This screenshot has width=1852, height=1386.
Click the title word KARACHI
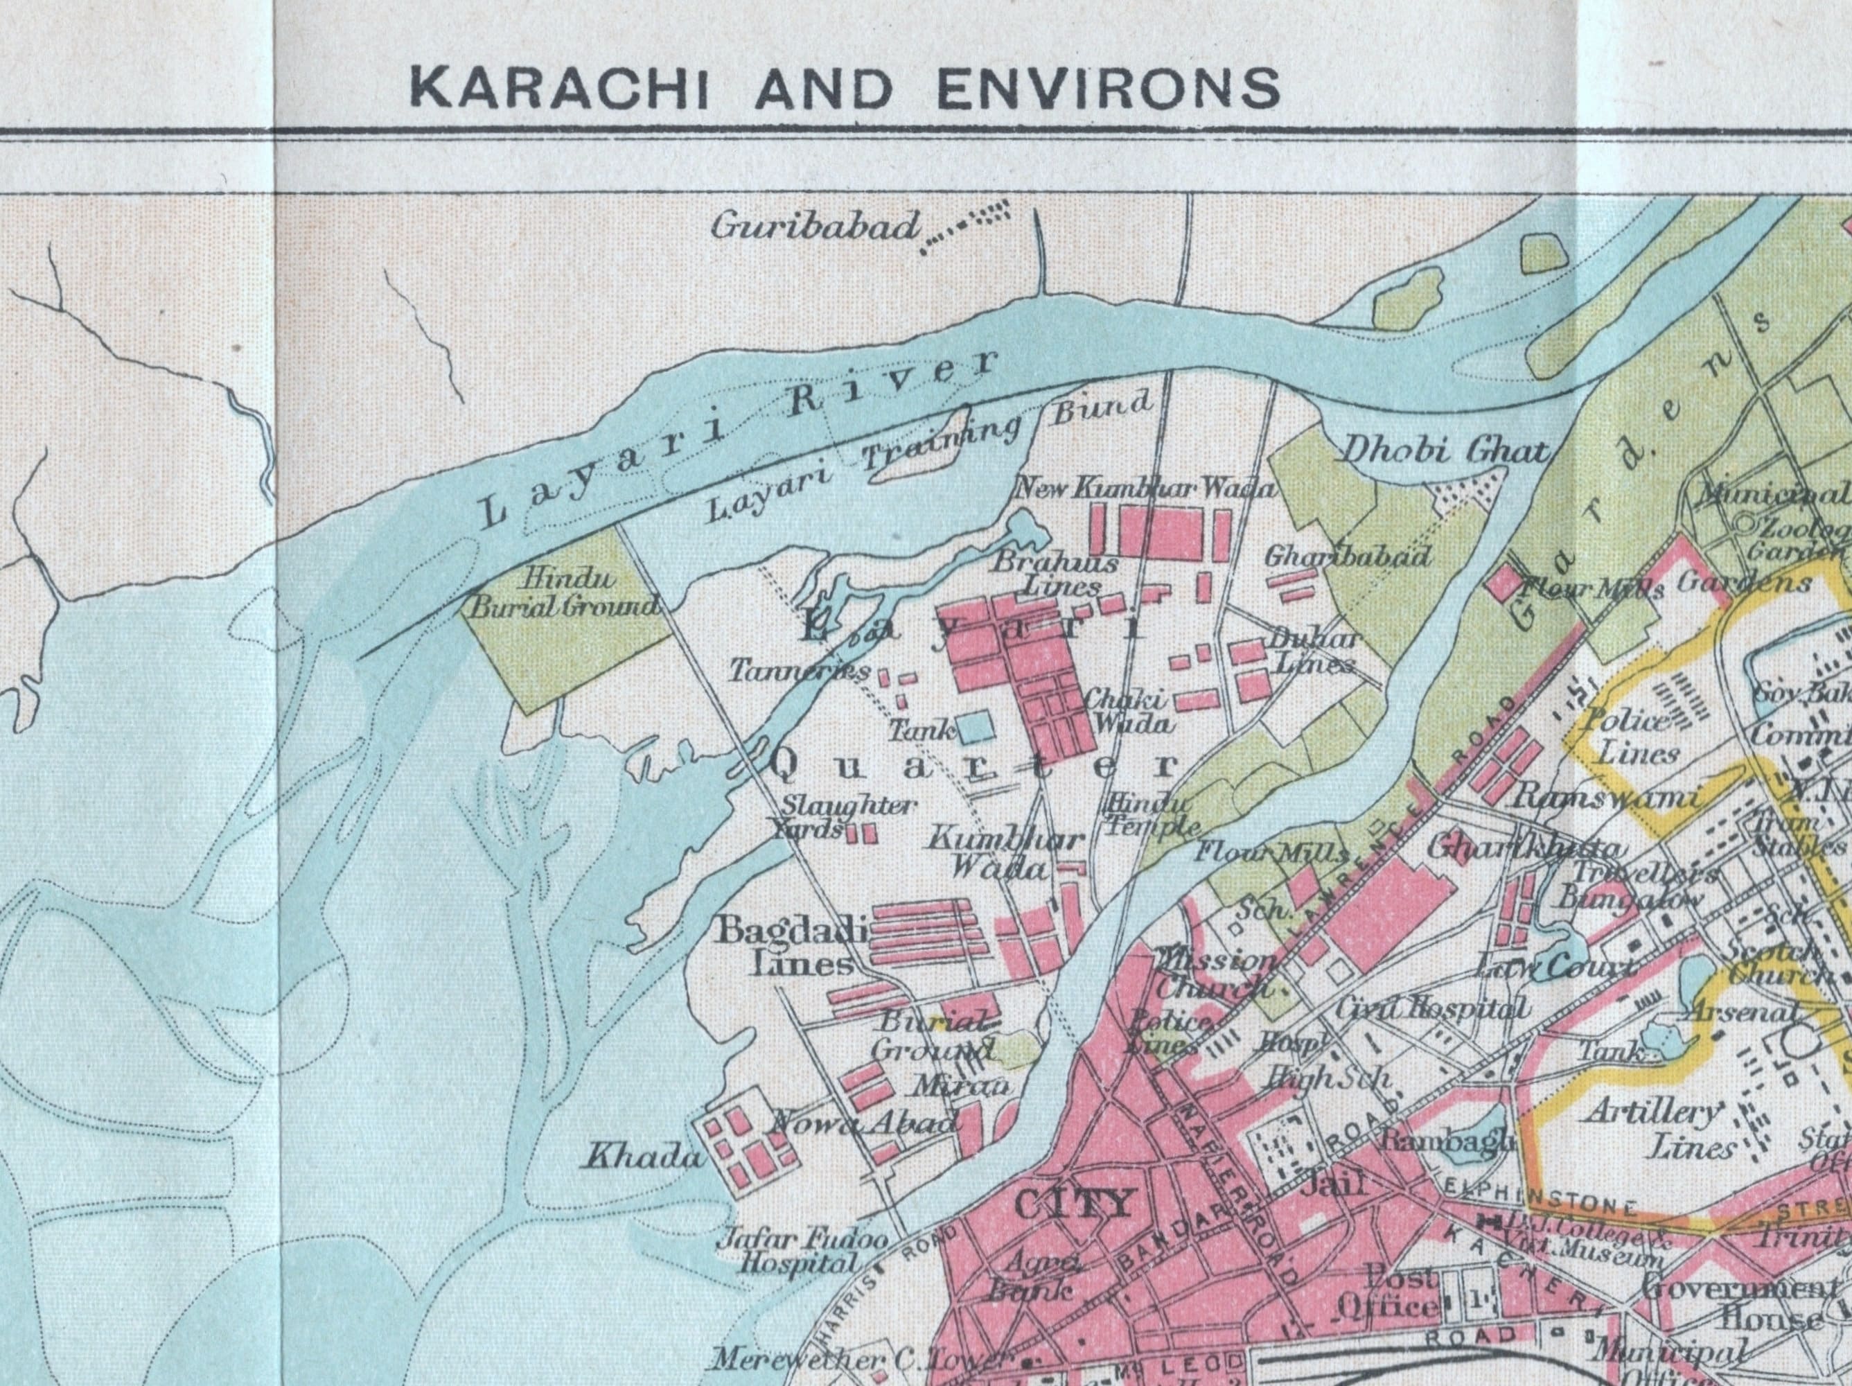pos(561,89)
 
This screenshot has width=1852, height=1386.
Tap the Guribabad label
pos(814,227)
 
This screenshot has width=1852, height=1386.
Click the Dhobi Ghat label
pos(1445,453)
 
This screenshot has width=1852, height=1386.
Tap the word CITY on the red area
pos(1073,1204)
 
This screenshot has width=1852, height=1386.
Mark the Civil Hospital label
pos(1423,1009)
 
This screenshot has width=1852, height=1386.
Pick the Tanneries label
pos(800,671)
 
